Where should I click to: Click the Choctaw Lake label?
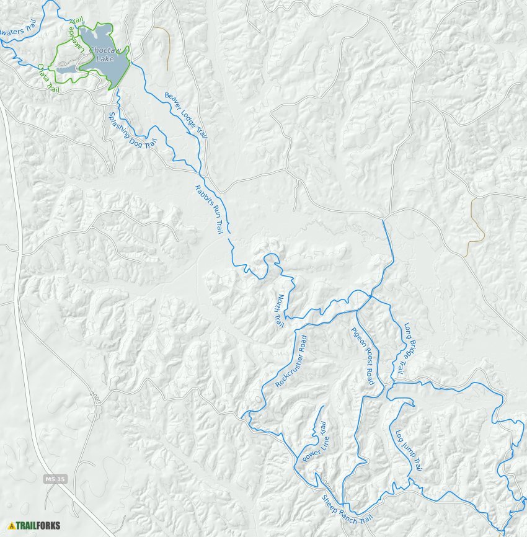tap(103, 55)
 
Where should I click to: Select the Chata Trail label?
tap(47, 78)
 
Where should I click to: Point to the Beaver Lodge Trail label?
tap(185, 115)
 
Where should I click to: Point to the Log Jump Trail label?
tap(409, 450)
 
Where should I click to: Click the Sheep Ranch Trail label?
tap(348, 510)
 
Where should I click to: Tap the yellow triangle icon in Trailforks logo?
tap(11, 526)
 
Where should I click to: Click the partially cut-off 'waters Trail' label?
tap(17, 29)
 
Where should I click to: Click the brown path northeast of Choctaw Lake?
tap(167, 47)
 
